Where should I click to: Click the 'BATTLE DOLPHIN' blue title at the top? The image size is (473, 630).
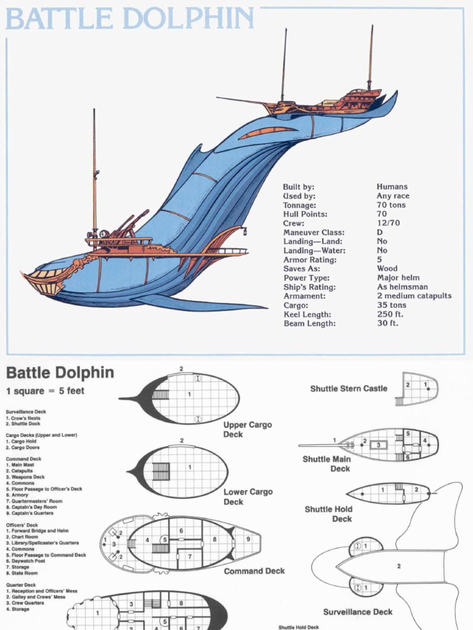coord(129,18)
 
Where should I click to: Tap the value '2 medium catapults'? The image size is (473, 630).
coord(414,296)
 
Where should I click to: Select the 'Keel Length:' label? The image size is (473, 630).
coord(307,314)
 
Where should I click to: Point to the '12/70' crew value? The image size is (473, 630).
coord(388,223)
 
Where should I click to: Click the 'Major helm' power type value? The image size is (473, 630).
coord(398,277)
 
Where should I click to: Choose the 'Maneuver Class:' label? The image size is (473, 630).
coord(313,232)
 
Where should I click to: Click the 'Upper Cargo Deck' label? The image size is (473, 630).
coord(248,429)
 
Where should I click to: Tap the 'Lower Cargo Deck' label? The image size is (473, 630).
coord(248,496)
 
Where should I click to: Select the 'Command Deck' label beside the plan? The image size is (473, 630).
coord(254,571)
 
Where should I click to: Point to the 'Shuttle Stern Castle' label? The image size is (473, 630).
coord(349,389)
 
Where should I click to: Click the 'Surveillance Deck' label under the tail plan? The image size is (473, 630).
coord(358,612)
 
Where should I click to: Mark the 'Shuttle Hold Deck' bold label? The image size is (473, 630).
coord(328,514)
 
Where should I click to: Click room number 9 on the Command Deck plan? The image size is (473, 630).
coord(248,539)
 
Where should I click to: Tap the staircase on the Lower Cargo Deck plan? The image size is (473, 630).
coord(161,472)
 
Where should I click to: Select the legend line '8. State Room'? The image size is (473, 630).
coord(22,573)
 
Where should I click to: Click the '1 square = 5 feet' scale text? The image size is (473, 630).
coord(45,391)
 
